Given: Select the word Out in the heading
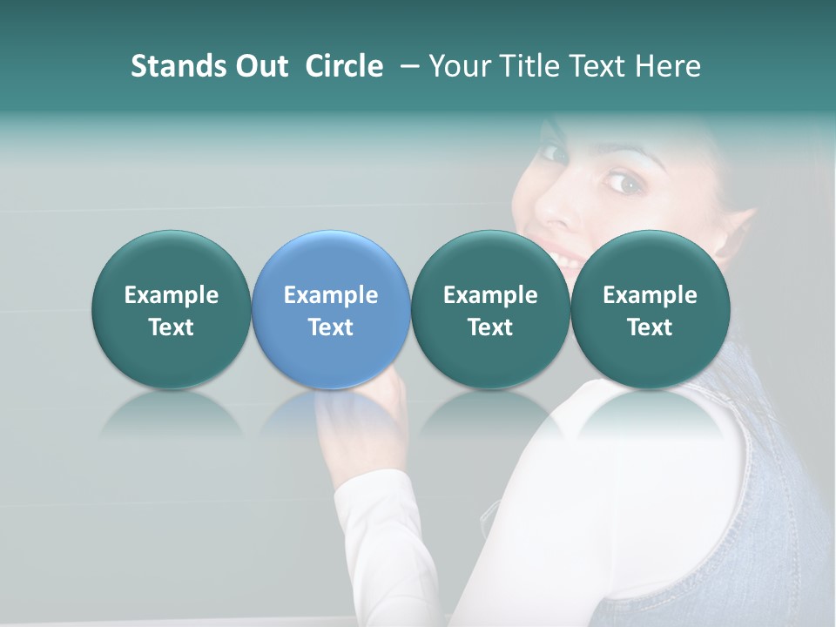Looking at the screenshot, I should pyautogui.click(x=259, y=66).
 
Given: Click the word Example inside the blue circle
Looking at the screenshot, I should pyautogui.click(x=331, y=295).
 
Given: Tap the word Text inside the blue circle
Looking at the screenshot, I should pyautogui.click(x=331, y=327).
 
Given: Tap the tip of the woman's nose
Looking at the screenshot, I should pyautogui.click(x=555, y=213).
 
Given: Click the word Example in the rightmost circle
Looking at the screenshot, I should pyautogui.click(x=650, y=295).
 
